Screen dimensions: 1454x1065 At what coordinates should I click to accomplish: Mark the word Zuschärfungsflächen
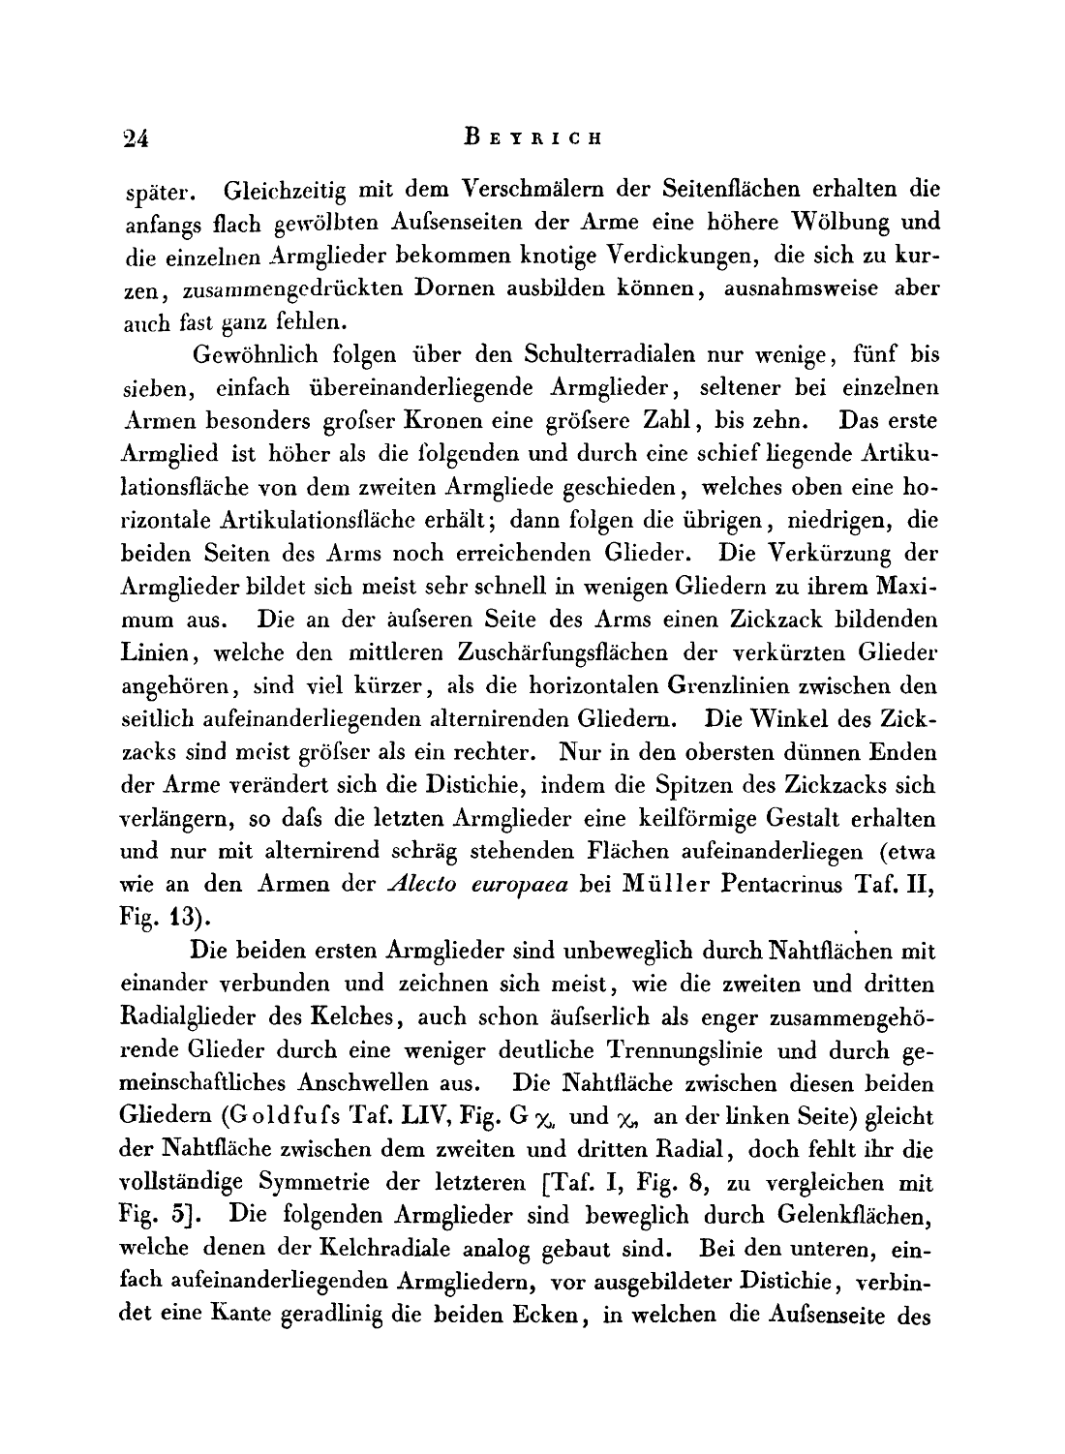click(580, 653)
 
